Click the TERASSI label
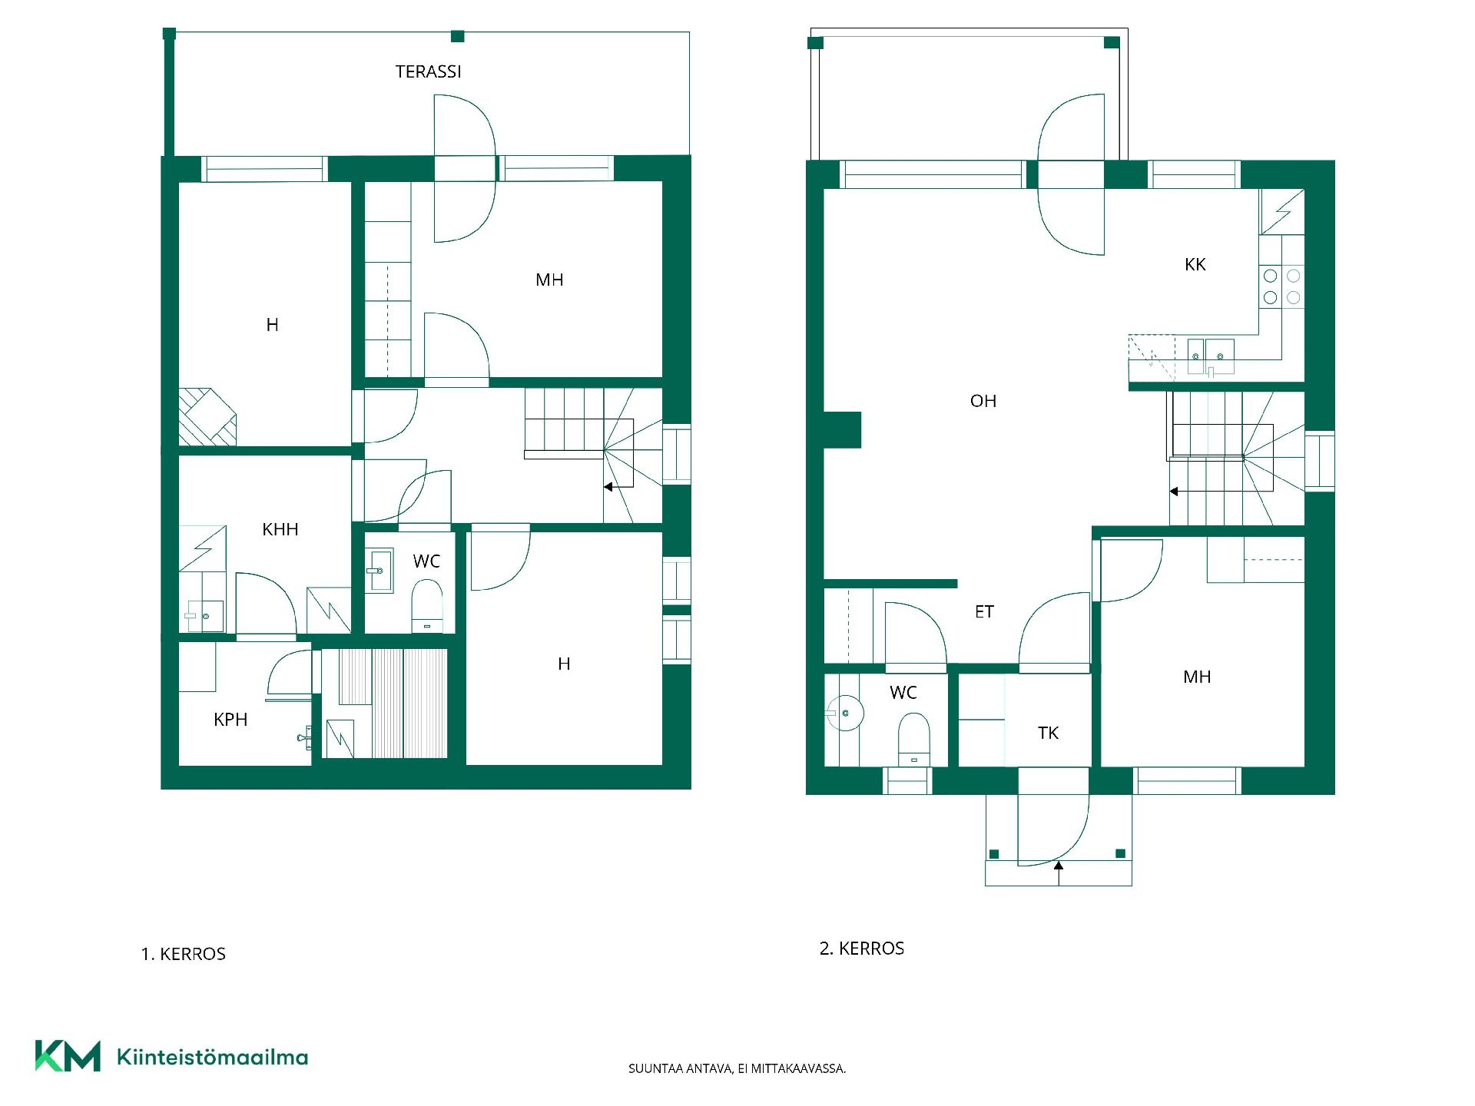point(428,71)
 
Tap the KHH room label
point(280,529)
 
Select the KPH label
point(230,720)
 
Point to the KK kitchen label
point(1195,264)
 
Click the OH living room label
point(983,400)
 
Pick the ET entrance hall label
point(984,611)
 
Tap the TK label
point(1048,733)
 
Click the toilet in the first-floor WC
point(427,605)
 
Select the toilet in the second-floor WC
point(913,739)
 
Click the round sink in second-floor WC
point(845,714)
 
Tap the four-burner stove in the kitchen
point(1281,286)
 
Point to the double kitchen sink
point(1211,357)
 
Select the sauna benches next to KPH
point(393,703)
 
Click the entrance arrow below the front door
point(1059,873)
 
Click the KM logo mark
point(68,1056)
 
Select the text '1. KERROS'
point(184,954)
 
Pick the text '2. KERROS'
point(862,949)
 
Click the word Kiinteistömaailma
point(212,1057)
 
